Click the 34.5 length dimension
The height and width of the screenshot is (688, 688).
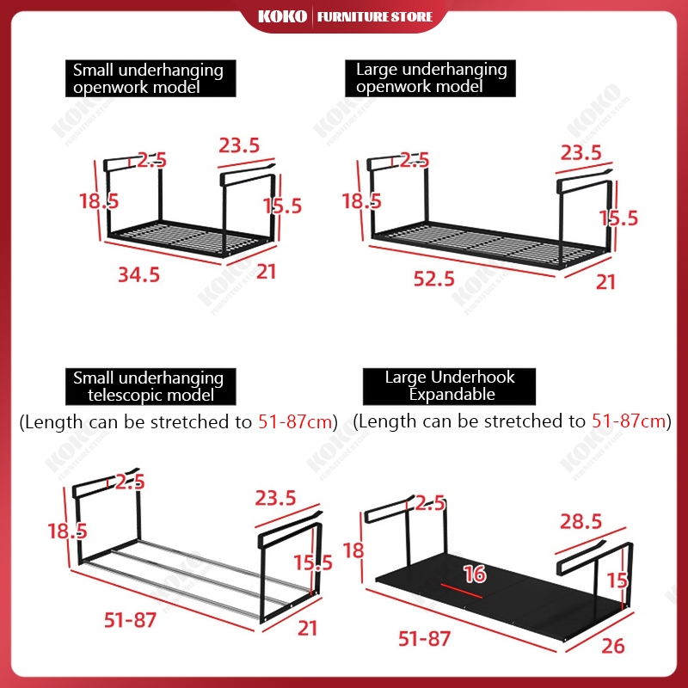[x=138, y=275]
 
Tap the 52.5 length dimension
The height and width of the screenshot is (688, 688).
[x=434, y=279]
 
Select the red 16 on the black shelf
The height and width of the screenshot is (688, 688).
[x=475, y=574]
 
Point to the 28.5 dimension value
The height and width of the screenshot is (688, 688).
[x=581, y=522]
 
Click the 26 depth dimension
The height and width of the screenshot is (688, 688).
[x=613, y=646]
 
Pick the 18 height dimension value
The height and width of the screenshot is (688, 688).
[x=353, y=550]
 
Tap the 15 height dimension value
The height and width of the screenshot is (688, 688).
[x=617, y=580]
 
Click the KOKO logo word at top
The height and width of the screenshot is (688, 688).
[x=282, y=16]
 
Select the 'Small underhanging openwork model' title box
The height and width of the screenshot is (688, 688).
[x=150, y=78]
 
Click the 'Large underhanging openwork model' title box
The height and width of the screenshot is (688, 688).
[x=430, y=78]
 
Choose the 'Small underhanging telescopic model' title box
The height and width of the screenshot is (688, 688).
[x=150, y=386]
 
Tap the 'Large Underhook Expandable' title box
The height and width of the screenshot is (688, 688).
[x=449, y=386]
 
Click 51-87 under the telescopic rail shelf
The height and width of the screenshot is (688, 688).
[x=130, y=620]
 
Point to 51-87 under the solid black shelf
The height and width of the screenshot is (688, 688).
[x=424, y=639]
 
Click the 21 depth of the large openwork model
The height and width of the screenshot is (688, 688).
[x=605, y=282]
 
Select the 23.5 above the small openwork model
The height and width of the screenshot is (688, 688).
[x=239, y=145]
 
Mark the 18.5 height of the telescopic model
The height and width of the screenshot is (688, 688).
[x=68, y=531]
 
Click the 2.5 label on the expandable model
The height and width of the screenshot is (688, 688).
[x=430, y=503]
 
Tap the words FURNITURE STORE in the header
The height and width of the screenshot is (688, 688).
[x=375, y=16]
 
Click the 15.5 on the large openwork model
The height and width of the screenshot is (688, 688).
[x=618, y=218]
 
